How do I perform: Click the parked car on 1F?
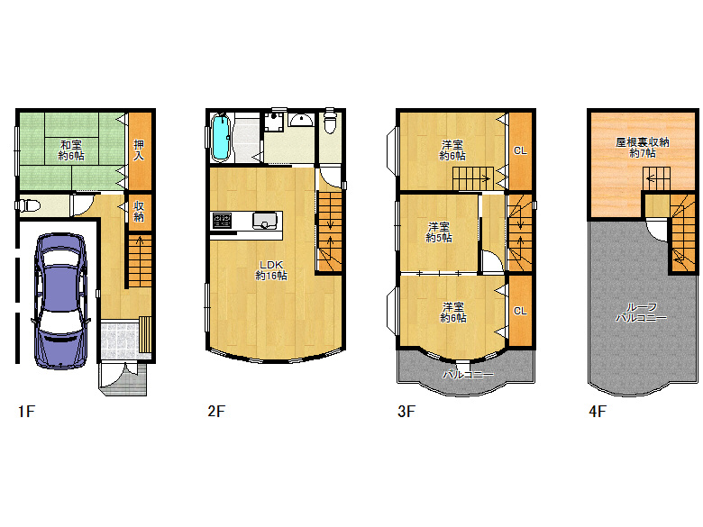[60, 301]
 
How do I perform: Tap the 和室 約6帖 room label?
[71, 150]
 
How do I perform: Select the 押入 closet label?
[139, 150]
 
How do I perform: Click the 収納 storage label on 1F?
[139, 211]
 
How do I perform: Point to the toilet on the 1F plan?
[28, 205]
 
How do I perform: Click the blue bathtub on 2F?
[221, 138]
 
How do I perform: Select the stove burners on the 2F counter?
[223, 220]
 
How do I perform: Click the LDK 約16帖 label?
[271, 270]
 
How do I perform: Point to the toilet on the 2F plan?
[330, 121]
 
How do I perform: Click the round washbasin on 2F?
[301, 120]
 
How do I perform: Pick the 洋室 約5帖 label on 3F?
[439, 232]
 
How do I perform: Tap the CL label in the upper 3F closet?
[520, 150]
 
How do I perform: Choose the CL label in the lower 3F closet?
[520, 311]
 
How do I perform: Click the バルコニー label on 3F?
[468, 374]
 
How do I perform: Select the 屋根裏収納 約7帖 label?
[643, 148]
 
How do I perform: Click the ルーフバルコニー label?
[642, 313]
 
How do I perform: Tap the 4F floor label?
[598, 411]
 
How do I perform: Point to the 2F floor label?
[216, 411]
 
